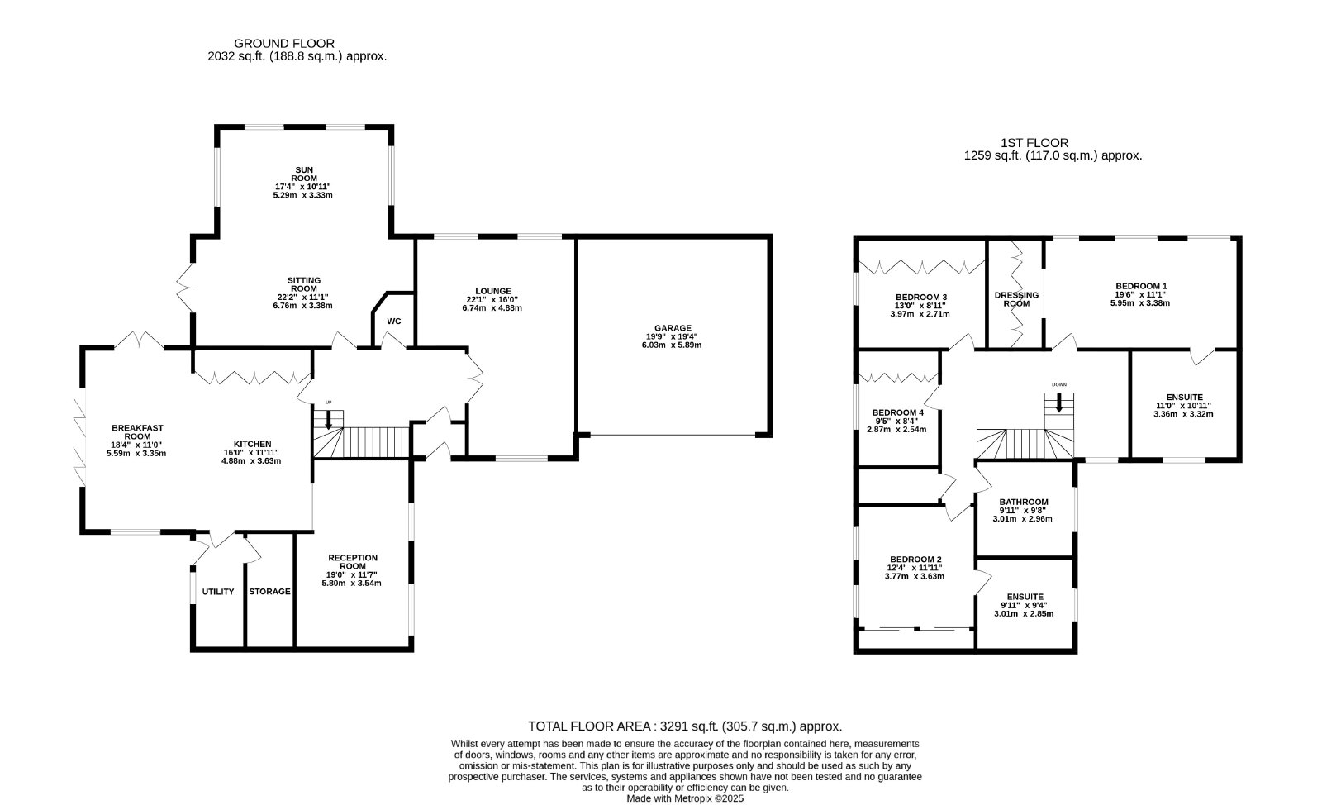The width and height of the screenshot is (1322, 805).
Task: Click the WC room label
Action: point(393,321)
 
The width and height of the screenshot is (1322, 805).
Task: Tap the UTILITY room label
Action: point(218,592)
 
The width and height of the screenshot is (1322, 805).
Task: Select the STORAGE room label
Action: point(269,592)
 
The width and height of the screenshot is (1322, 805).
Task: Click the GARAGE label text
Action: point(673,328)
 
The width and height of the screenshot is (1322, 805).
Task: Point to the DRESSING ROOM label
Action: point(1016,299)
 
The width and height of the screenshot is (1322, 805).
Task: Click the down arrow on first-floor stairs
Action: point(1058,402)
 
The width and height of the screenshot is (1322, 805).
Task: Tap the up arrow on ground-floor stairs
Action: point(329,418)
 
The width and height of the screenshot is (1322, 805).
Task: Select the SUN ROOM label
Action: point(304,174)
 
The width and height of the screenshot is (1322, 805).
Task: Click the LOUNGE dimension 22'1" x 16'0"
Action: point(492,299)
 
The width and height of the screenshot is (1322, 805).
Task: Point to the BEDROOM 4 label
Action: point(897,412)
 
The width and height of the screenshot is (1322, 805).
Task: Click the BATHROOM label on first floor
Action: point(1024,503)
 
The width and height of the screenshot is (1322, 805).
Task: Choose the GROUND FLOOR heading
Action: point(284,43)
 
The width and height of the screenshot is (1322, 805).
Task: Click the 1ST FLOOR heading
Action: point(1034,143)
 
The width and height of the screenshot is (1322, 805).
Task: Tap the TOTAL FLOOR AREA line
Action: point(685,726)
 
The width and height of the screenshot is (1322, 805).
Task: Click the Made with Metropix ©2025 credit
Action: point(685,798)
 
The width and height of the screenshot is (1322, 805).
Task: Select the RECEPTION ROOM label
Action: point(352,562)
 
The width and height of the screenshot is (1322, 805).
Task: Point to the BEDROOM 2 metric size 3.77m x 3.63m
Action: point(914,576)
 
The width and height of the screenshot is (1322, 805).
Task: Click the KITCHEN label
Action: point(252,445)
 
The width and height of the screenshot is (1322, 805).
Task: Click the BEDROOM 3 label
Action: point(921,298)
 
